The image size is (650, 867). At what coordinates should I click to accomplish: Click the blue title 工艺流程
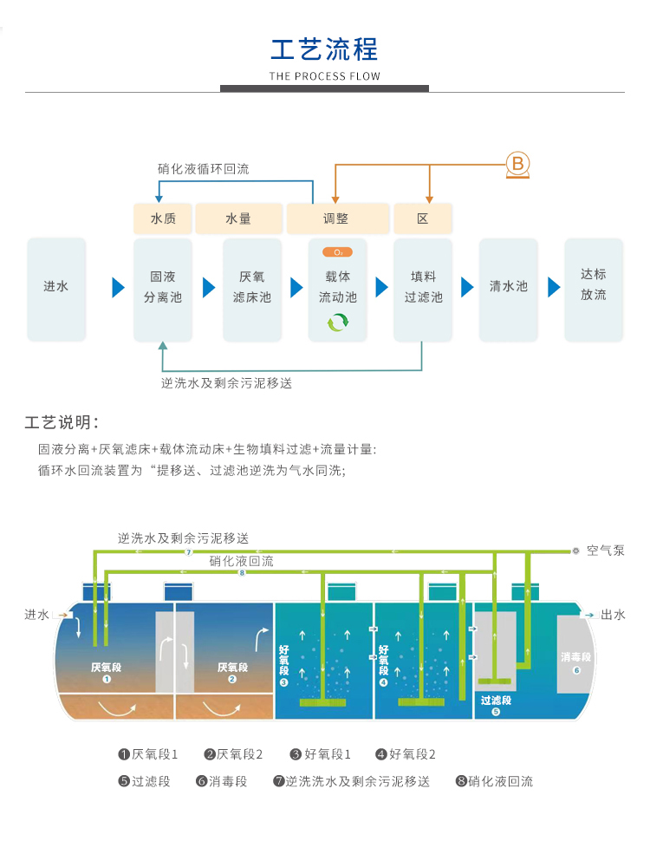(x=324, y=48)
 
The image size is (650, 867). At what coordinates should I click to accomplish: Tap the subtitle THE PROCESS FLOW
(x=324, y=76)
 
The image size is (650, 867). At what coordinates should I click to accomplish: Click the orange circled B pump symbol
(x=517, y=164)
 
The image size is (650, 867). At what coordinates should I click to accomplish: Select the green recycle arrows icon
(x=337, y=323)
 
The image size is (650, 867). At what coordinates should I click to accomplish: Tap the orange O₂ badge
(x=337, y=252)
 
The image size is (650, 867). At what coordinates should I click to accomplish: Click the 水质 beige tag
(x=163, y=218)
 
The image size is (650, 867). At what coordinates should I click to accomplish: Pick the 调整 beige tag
(x=337, y=218)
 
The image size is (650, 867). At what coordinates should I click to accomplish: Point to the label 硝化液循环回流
(x=203, y=169)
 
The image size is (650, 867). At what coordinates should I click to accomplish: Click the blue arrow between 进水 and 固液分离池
(x=119, y=287)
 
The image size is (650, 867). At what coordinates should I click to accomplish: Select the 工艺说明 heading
(x=62, y=423)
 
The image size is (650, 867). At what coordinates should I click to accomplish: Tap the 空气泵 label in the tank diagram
(x=605, y=551)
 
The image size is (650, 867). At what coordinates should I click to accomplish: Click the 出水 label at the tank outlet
(x=613, y=615)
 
